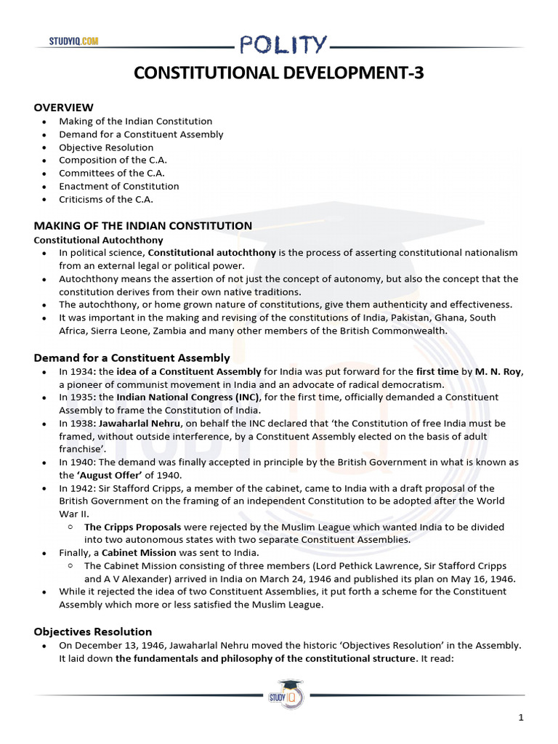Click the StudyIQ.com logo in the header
(73, 41)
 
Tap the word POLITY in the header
(284, 45)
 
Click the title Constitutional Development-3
(280, 73)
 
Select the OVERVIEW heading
(63, 108)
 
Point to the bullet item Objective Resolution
(106, 147)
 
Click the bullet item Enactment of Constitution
(119, 186)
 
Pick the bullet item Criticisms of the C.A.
(106, 199)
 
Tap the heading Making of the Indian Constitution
(143, 226)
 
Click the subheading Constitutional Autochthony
(99, 240)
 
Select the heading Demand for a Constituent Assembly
(132, 357)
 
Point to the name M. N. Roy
(498, 372)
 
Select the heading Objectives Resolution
(93, 631)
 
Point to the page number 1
(521, 719)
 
